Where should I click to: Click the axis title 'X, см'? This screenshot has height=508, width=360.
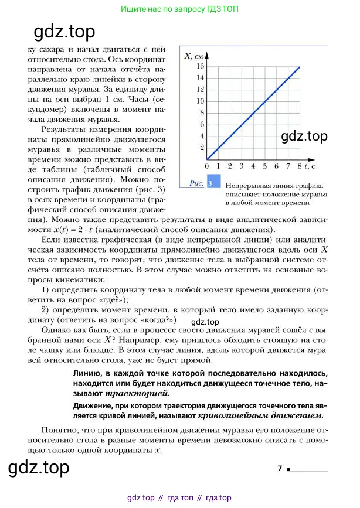pos(193,56)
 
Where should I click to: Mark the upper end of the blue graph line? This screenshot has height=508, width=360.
pos(300,67)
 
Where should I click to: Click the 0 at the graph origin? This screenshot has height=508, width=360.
pos(207,167)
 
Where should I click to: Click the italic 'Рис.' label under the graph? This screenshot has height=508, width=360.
pos(196,183)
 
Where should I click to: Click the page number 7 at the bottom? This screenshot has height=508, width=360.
pos(280,468)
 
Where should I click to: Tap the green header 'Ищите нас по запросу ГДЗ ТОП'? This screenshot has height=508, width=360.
pos(179,9)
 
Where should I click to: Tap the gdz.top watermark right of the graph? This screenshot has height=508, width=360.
pos(304,137)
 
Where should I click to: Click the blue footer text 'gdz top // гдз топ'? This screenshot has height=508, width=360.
pos(179,498)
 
